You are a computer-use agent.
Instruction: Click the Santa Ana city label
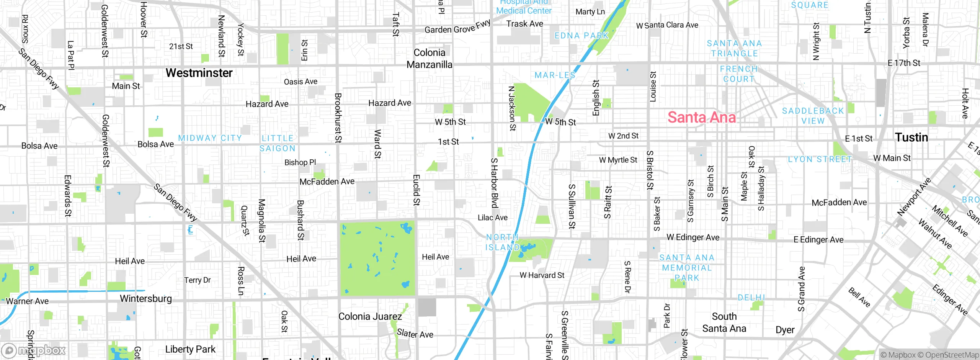tap(701, 117)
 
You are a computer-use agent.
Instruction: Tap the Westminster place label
tap(199, 73)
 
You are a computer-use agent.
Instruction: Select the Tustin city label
tap(911, 137)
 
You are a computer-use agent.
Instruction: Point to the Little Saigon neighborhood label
tap(278, 143)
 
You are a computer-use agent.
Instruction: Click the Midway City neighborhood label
tap(210, 138)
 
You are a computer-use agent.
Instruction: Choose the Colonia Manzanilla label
tap(429, 59)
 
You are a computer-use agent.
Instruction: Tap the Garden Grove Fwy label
tap(457, 28)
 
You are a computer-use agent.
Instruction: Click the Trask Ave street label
tap(524, 24)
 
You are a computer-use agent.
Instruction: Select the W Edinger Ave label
tap(693, 237)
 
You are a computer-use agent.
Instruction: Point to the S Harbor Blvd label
tap(494, 183)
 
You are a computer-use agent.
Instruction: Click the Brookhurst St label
tap(338, 118)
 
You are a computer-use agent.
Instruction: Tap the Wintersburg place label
tap(146, 299)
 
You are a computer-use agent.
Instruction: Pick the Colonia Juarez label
tap(370, 317)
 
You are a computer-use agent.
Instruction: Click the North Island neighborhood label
tap(502, 242)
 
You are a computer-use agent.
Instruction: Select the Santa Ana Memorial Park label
tap(687, 268)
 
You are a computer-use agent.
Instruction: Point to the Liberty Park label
tap(190, 349)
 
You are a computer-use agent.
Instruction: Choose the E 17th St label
tap(904, 63)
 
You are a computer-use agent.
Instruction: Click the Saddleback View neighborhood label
tap(813, 116)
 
